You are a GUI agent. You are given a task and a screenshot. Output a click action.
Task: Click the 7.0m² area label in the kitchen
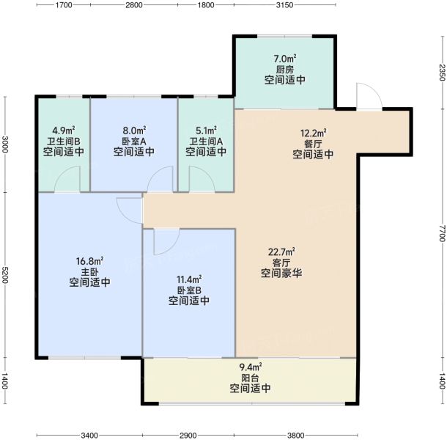285,59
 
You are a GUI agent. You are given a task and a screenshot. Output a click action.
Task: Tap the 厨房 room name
285,70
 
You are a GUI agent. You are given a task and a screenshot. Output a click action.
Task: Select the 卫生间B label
64,142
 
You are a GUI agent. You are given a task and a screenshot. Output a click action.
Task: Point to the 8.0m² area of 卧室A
134,131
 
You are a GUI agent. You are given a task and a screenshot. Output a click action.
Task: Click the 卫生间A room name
206,142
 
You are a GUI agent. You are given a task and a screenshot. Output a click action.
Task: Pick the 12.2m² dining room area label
314,133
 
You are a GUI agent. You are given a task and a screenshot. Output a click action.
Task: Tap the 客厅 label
281,263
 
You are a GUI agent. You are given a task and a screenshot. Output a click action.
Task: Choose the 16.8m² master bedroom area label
89,261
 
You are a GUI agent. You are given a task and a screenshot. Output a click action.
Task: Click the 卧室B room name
189,290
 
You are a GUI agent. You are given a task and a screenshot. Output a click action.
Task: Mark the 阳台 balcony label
250,378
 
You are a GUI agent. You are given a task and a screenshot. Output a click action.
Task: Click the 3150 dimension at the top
284,5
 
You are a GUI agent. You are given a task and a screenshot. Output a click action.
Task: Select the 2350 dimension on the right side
442,72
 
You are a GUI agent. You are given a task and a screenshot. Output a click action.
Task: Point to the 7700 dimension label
442,233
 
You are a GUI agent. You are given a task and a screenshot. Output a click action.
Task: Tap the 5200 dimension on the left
5,275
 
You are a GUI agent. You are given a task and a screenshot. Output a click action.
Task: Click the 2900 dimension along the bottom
188,436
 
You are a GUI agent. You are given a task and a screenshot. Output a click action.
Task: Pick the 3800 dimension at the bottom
295,436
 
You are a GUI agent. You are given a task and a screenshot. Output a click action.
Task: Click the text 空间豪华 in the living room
281,274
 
